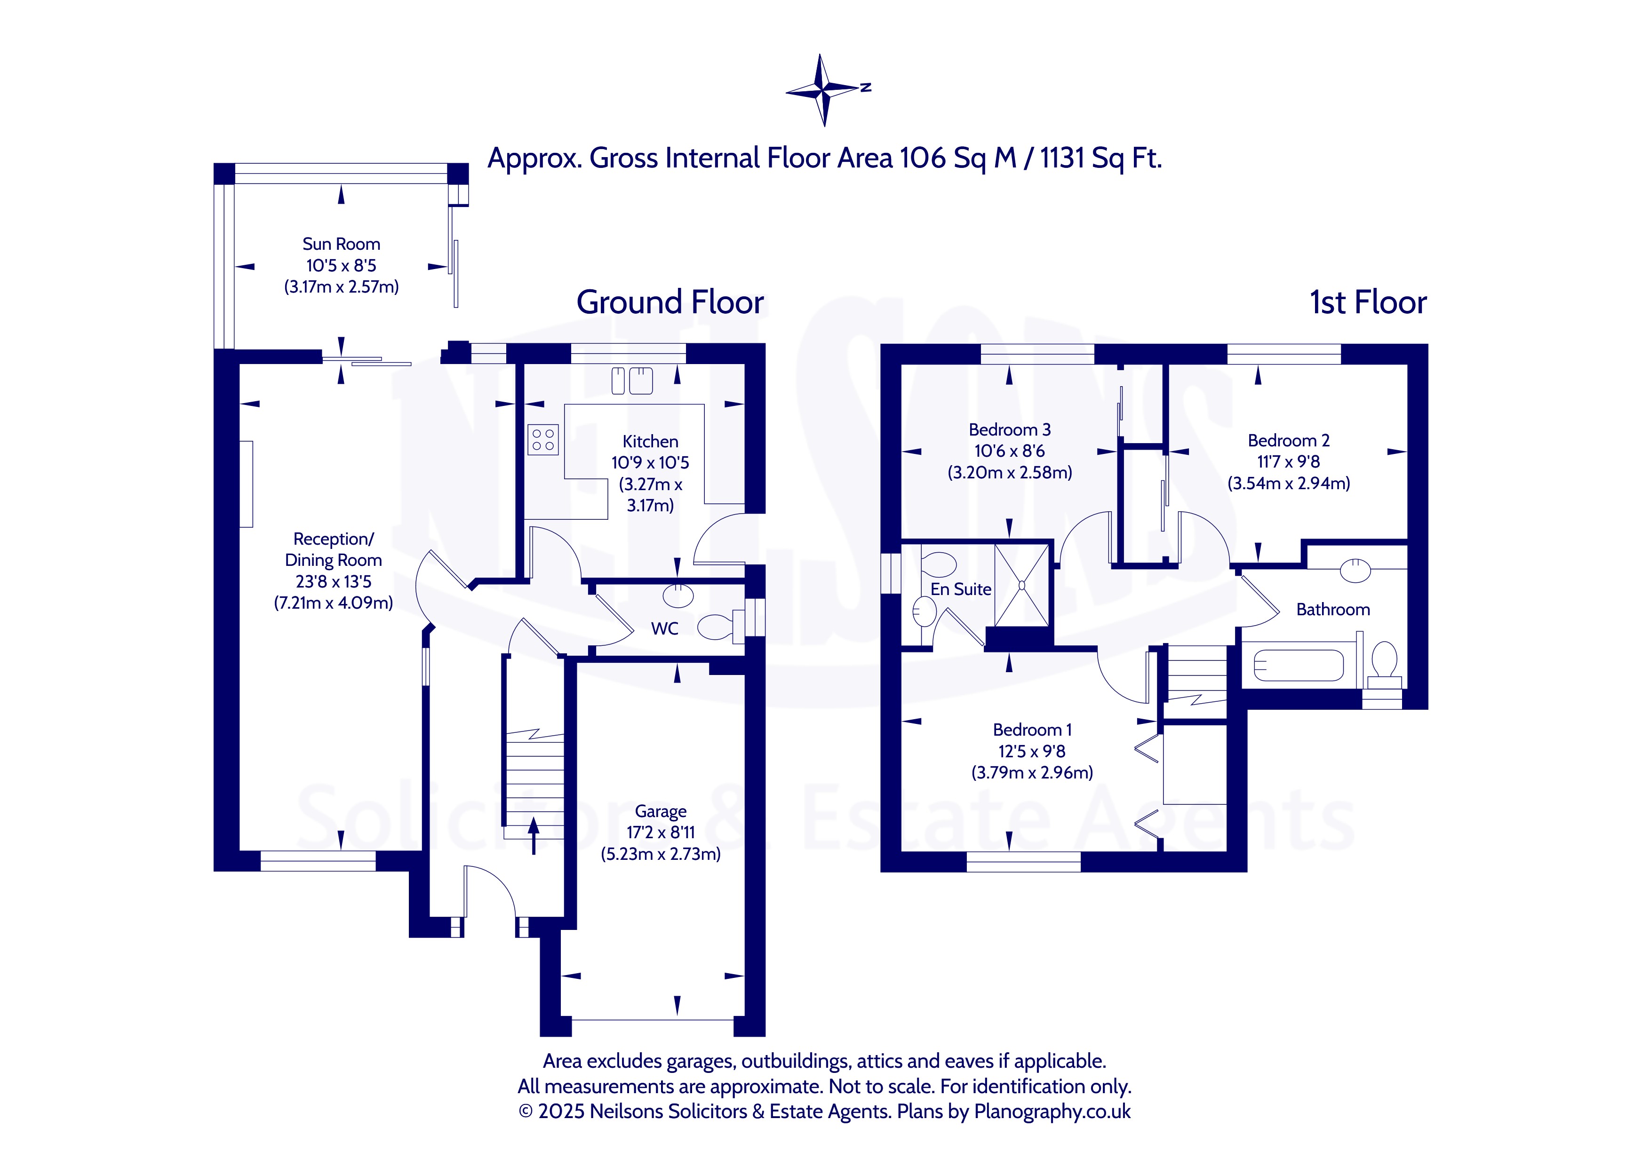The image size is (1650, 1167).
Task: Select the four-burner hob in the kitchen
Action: coord(542,440)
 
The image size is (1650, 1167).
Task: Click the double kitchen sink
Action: coord(632,381)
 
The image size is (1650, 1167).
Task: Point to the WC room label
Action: coord(664,629)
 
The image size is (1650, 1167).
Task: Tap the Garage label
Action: coord(661,811)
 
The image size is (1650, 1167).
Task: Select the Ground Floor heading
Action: coord(670,302)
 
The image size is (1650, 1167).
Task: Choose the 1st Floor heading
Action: coord(1368,302)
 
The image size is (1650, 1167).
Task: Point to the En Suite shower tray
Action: coord(1021,585)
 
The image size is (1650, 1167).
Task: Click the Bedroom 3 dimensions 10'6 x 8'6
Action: coord(1009,451)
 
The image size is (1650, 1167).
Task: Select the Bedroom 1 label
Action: coord(1032,730)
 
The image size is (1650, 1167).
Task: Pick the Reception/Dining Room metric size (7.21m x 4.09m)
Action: coord(334,603)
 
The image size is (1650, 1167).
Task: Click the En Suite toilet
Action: coord(939,565)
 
